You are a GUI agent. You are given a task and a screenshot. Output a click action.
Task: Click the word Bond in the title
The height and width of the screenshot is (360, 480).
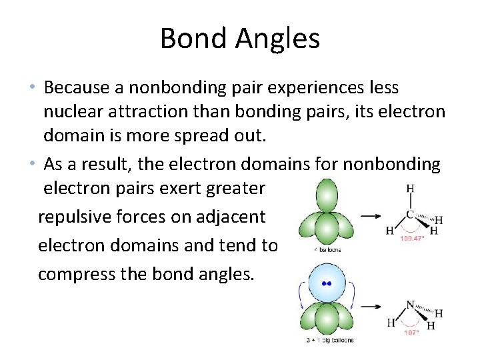[189, 39]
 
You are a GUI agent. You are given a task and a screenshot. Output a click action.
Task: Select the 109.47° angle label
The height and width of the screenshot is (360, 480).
[413, 237]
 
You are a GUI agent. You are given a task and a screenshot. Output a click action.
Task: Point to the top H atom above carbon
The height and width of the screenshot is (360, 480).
[410, 189]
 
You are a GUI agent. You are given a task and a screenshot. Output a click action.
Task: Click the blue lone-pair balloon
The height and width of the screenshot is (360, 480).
[326, 283]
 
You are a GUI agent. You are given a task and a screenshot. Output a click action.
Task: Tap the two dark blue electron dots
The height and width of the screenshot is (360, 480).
[326, 283]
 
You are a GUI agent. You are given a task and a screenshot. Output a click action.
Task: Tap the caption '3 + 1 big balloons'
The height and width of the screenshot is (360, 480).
[327, 341]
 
